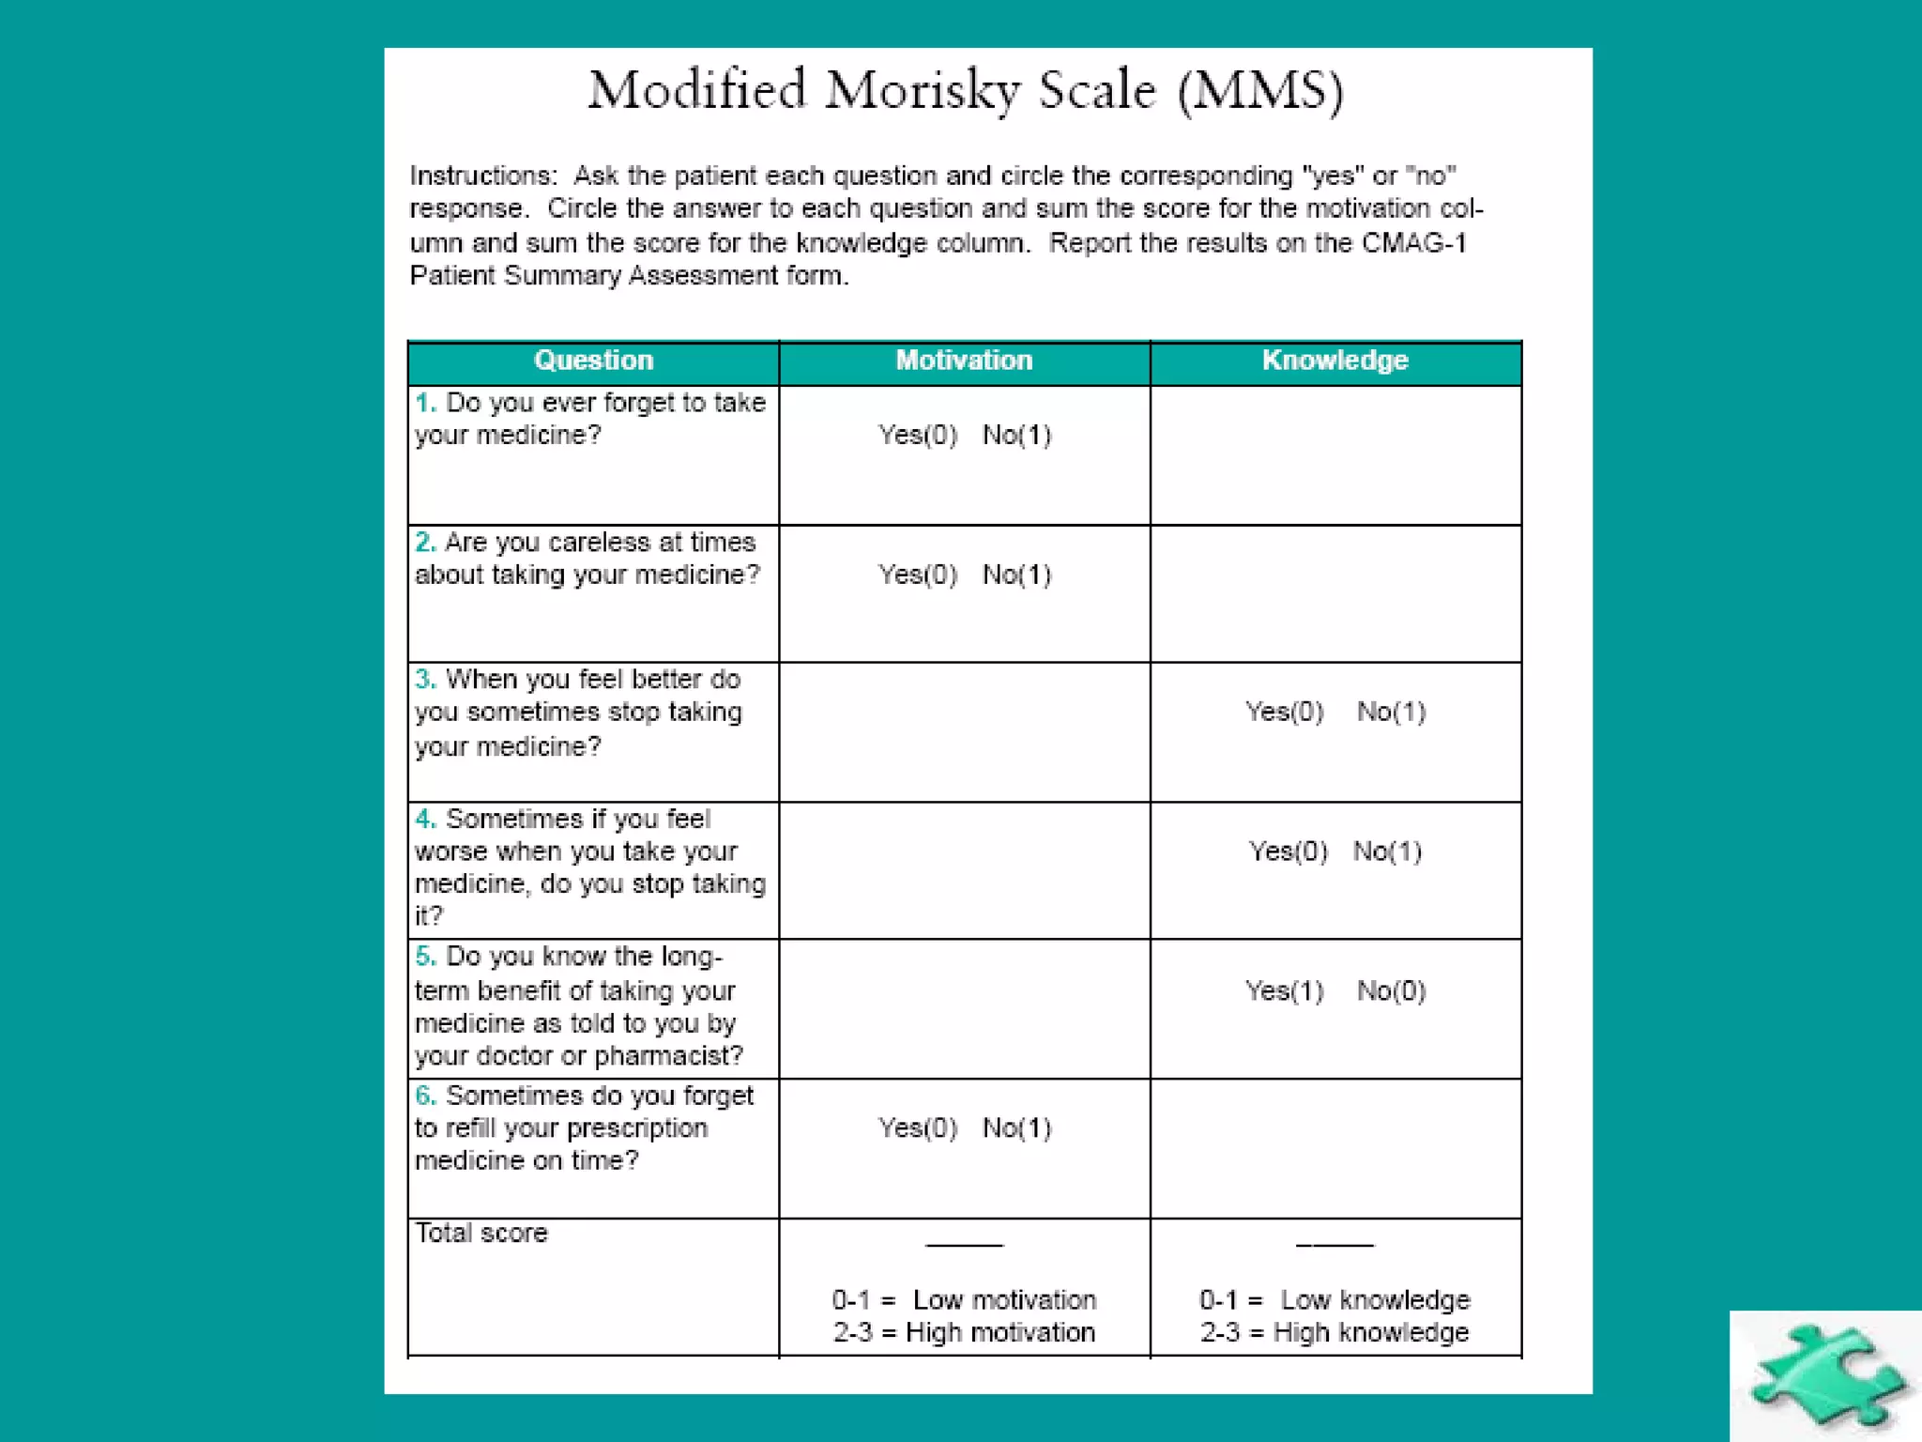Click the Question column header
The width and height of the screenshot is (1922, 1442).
pyautogui.click(x=593, y=360)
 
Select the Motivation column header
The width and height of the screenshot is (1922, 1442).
pyautogui.click(x=964, y=360)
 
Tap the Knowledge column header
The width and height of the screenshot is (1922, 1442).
pyautogui.click(x=1335, y=360)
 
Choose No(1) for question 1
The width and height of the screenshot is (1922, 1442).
pyautogui.click(x=1016, y=435)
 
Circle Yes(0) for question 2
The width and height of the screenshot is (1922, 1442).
pyautogui.click(x=917, y=575)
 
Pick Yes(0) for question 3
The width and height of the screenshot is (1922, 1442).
pyautogui.click(x=1284, y=712)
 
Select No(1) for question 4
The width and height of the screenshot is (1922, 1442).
pyautogui.click(x=1387, y=851)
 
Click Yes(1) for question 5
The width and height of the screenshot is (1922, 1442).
pyautogui.click(x=1284, y=990)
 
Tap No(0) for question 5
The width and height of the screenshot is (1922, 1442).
pyautogui.click(x=1391, y=990)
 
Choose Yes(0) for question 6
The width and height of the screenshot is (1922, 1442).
pyautogui.click(x=917, y=1128)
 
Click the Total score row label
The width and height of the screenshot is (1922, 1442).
pyautogui.click(x=481, y=1233)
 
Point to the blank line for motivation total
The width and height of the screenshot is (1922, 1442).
pyautogui.click(x=964, y=1243)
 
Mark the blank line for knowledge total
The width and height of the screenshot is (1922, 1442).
pyautogui.click(x=1335, y=1243)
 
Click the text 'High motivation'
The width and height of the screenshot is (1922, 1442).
pyautogui.click(x=1000, y=1332)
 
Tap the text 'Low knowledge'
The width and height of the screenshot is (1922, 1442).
pyautogui.click(x=1375, y=1300)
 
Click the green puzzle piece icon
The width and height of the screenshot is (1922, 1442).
pyautogui.click(x=1824, y=1376)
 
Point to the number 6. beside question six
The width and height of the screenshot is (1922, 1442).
pyautogui.click(x=426, y=1096)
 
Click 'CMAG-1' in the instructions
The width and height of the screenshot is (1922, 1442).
pyautogui.click(x=1414, y=243)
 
